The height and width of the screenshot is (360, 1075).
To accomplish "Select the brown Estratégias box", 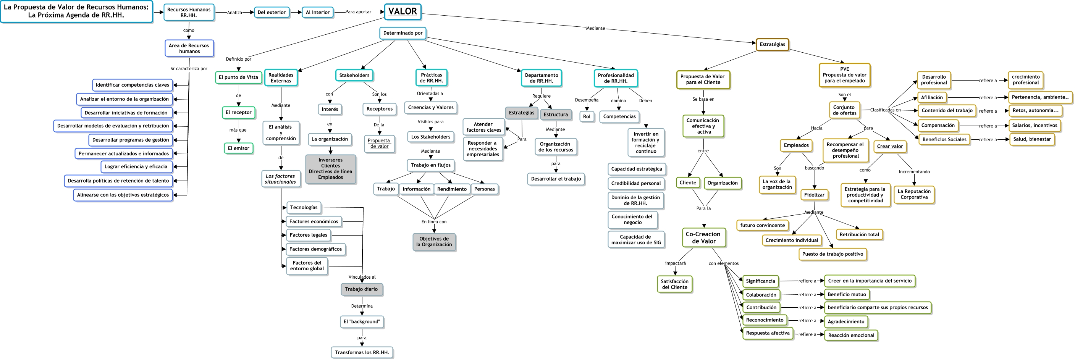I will point(772,44).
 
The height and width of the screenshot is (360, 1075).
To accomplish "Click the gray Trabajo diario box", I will point(361,289).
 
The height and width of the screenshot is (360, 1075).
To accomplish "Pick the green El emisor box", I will point(238,148).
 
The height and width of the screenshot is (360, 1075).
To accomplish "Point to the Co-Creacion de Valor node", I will point(703,237).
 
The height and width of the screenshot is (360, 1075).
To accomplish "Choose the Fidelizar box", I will point(814,195).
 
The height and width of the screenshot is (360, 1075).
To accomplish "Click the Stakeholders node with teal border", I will point(354,76).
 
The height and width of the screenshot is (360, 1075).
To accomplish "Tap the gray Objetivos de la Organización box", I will point(433,242).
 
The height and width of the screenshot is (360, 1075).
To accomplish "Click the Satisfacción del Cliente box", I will point(674,284).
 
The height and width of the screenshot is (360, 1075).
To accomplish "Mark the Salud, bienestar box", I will point(1031,139).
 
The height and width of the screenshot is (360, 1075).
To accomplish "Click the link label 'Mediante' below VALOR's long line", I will point(595,28).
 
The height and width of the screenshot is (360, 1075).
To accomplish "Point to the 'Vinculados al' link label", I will point(362,277).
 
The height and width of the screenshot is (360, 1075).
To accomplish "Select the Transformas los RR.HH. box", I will point(361,352).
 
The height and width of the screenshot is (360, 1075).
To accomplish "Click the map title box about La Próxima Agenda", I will point(76,11).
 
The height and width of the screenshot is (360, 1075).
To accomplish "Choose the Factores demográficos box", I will point(315,249).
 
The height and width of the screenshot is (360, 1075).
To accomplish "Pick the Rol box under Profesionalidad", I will point(586,117).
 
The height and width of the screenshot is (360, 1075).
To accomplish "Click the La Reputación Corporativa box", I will point(913,194).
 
